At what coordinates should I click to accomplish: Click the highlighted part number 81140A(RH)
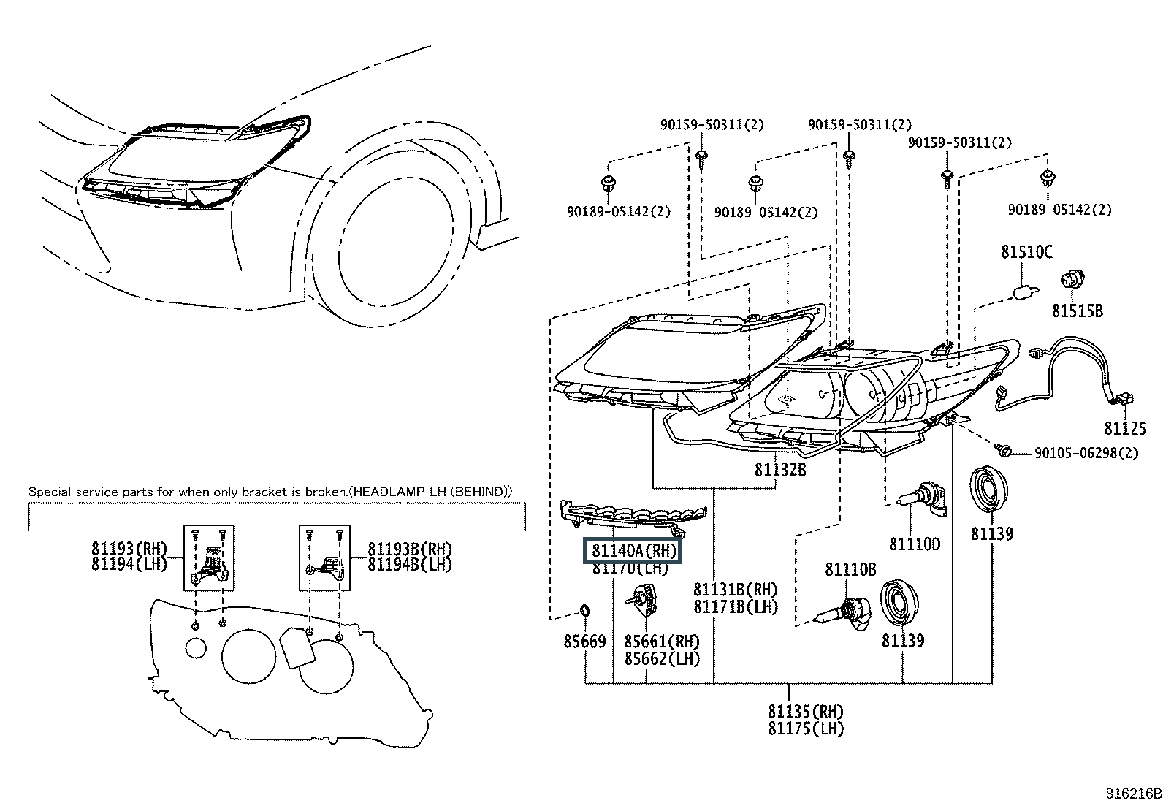tap(632, 551)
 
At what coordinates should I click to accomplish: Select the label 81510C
tap(1026, 253)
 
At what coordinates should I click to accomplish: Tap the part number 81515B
tap(1077, 311)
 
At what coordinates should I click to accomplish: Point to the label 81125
tap(1125, 428)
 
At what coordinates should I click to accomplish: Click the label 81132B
tap(780, 469)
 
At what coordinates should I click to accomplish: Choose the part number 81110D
tap(914, 544)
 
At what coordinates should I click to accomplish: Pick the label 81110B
tap(850, 569)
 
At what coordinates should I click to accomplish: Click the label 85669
tap(584, 642)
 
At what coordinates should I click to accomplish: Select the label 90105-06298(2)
tap(1086, 453)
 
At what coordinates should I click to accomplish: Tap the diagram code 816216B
tap(1132, 794)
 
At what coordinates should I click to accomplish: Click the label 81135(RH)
tap(805, 711)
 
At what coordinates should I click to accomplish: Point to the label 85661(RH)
tap(661, 642)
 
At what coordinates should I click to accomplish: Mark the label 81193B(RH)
tap(409, 549)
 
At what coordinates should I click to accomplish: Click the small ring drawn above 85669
tap(584, 609)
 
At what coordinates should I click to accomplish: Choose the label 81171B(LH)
tap(736, 606)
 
